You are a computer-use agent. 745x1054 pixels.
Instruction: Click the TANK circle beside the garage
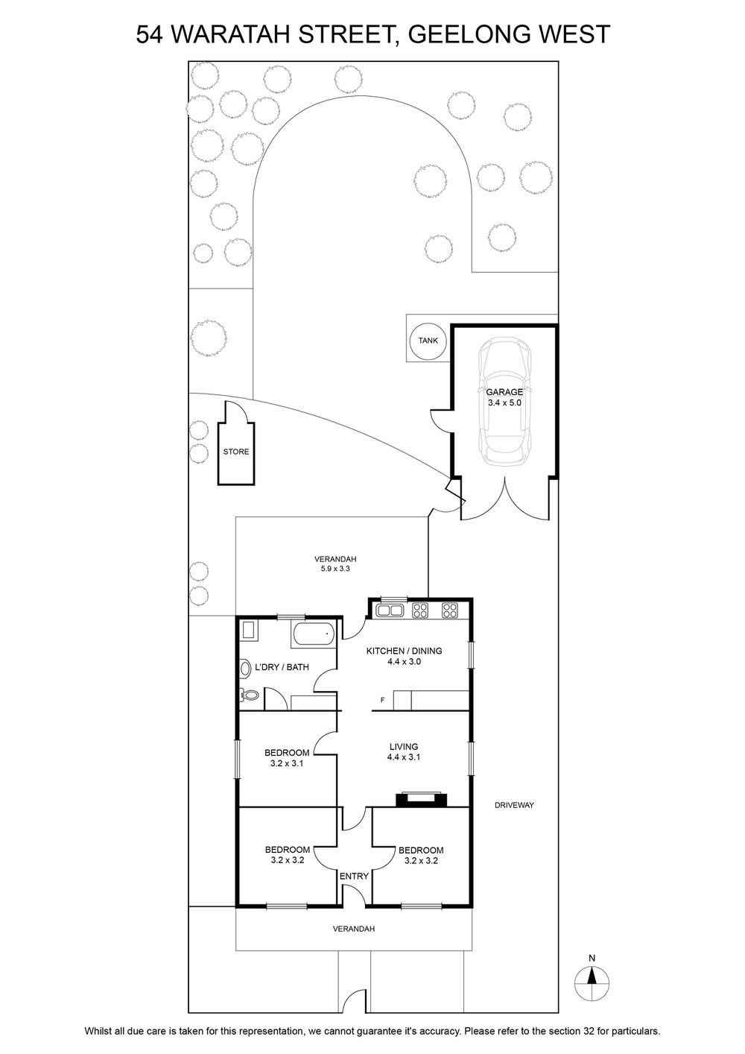point(428,340)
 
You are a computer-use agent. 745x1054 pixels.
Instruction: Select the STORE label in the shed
point(236,452)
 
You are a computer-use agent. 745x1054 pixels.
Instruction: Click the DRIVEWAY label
point(514,805)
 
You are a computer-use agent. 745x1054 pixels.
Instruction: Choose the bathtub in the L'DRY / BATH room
point(314,634)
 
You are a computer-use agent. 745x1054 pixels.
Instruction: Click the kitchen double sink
point(390,610)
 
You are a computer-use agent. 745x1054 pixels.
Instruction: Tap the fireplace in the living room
point(421,800)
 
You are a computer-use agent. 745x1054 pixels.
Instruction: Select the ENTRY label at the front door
point(354,876)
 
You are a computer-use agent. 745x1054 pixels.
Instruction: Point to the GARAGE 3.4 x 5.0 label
point(504,397)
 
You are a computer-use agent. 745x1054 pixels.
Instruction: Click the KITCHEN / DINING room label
point(404,656)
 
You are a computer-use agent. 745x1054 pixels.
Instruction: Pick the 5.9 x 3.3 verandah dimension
point(335,569)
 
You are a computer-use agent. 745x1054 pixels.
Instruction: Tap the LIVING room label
point(404,752)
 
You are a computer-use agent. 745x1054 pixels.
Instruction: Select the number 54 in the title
point(149,34)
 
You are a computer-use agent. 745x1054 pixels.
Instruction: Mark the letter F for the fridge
point(382,700)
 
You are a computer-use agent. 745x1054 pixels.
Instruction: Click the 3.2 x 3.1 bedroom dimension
point(287,764)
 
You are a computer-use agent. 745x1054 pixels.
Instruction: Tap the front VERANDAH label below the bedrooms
point(354,929)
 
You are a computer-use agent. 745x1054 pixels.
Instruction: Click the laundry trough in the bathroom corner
point(249,631)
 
